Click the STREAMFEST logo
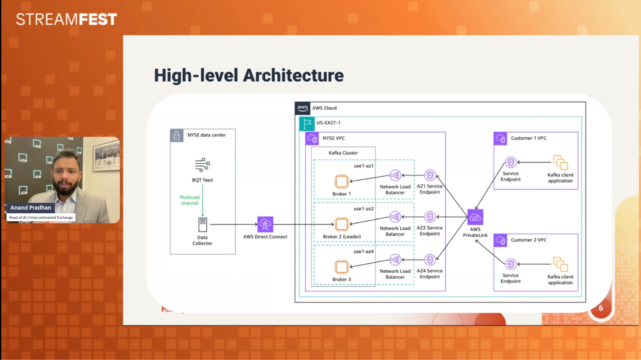[67, 19]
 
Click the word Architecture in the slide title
[293, 75]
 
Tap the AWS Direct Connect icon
[265, 224]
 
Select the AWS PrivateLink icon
[475, 217]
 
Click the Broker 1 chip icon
[341, 181]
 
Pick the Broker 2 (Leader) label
[342, 237]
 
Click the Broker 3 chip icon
[341, 267]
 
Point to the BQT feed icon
[202, 165]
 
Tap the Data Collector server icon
[203, 225]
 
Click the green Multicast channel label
[189, 200]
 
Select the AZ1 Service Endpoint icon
[430, 175]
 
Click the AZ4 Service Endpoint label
[429, 274]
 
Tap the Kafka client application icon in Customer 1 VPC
[560, 163]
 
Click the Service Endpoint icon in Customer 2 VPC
[510, 264]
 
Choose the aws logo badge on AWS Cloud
[302, 108]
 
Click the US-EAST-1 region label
[328, 123]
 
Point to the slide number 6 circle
[601, 308]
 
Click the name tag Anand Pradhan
[31, 207]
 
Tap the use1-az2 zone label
[363, 209]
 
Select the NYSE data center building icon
[177, 135]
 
